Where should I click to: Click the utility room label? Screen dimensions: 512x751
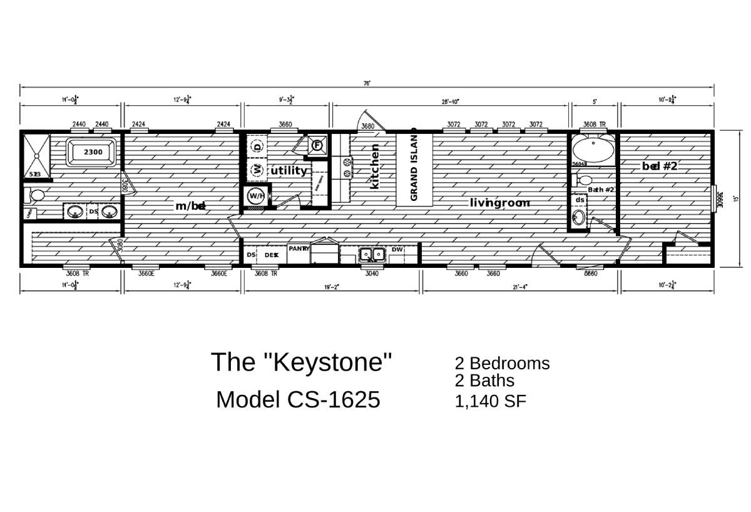(289, 170)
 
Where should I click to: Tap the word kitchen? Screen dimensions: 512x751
(375, 166)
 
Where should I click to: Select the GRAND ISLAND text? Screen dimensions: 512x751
(414, 167)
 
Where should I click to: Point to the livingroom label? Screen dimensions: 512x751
(499, 203)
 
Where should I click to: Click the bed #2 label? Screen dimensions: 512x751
(660, 166)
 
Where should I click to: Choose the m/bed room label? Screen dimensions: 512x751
(190, 206)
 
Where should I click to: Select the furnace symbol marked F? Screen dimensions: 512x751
(317, 145)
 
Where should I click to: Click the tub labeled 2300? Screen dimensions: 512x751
(93, 152)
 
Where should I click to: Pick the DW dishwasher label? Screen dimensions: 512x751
(397, 249)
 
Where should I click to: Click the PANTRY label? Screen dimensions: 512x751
(299, 248)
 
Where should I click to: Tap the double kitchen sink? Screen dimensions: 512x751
(372, 255)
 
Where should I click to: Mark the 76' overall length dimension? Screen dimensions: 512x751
(366, 84)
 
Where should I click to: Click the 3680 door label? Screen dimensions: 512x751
(368, 126)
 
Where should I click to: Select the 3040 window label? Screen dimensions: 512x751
(371, 274)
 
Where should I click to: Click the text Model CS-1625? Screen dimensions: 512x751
(298, 399)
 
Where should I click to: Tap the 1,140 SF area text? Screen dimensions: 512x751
(491, 401)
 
